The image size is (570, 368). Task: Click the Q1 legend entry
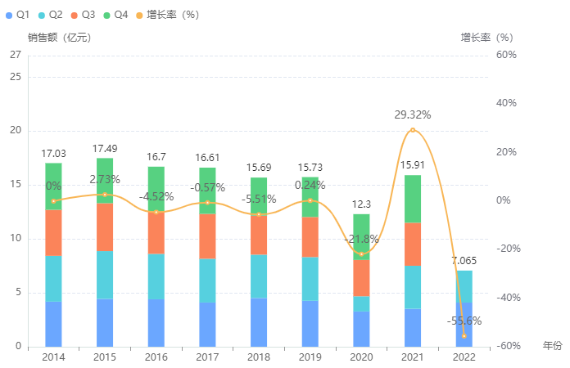click(x=17, y=15)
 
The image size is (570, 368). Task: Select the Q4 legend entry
click(x=115, y=15)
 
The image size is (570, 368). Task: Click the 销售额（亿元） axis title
click(x=59, y=38)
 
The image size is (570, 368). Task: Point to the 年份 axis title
click(x=553, y=346)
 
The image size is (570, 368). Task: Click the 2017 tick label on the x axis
click(x=207, y=357)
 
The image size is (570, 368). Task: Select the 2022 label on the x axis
click(x=464, y=357)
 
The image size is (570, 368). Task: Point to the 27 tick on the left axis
click(x=15, y=55)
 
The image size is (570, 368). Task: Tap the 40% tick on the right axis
click(x=505, y=103)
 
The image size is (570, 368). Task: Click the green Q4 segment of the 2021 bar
click(x=413, y=199)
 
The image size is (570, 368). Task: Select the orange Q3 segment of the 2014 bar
click(x=53, y=233)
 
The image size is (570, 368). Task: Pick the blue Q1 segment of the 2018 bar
click(x=259, y=322)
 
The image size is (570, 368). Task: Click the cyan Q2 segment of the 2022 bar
click(x=464, y=286)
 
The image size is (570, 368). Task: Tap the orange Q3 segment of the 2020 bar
click(x=361, y=277)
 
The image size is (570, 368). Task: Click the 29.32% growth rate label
click(x=413, y=114)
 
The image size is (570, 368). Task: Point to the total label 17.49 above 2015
click(x=105, y=149)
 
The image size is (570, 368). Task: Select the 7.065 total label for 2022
click(x=464, y=261)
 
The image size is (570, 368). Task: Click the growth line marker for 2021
click(x=413, y=130)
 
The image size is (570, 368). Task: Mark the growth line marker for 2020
click(x=361, y=254)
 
